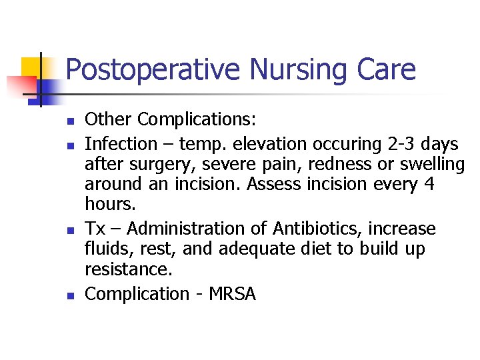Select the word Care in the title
coord(386,69)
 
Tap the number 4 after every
coord(429,183)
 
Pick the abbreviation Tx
coord(95,229)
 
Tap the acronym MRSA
coord(231,294)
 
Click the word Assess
coord(277,183)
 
